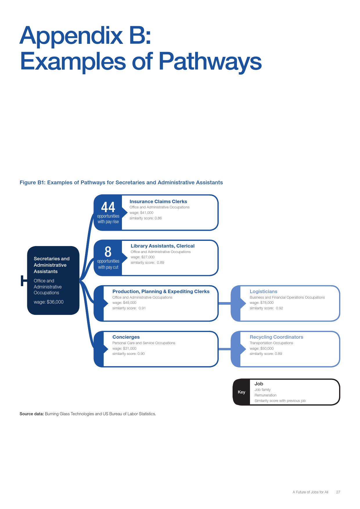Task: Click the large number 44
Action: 108,207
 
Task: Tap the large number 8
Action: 108,252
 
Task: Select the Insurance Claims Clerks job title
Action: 158,201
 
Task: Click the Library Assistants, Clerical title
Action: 163,246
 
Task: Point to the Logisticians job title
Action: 263,292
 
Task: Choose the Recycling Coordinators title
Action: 276,337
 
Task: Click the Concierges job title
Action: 126,337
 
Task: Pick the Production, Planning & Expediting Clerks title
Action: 161,291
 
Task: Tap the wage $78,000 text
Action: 262,303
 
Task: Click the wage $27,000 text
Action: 143,257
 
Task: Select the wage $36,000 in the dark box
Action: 48,302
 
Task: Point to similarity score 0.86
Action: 145,218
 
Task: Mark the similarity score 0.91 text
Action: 129,308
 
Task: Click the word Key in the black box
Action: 242,392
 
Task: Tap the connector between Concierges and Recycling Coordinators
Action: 224,349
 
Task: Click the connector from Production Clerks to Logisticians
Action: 224,303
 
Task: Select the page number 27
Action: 338,492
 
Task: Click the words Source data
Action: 32,414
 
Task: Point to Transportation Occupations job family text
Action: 271,343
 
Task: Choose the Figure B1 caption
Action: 121,183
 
